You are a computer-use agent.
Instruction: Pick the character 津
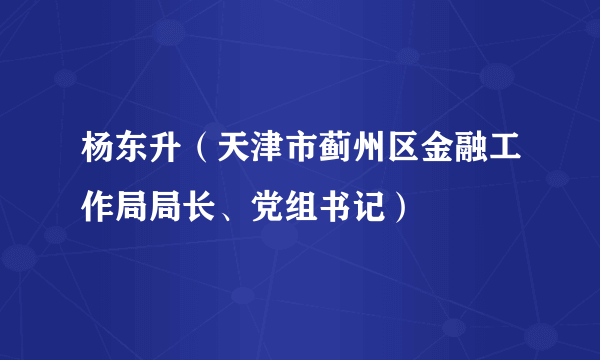point(258,155)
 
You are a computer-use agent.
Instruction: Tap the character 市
point(290,155)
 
